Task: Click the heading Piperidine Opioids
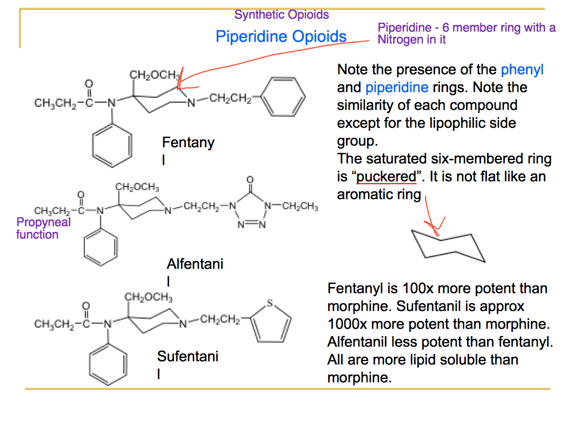(x=281, y=36)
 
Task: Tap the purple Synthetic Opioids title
(x=281, y=15)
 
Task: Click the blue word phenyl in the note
(x=522, y=70)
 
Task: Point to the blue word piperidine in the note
(x=396, y=87)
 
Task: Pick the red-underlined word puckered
(x=387, y=177)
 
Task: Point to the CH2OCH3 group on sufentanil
(x=149, y=298)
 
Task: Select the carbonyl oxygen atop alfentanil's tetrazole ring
(x=249, y=180)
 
